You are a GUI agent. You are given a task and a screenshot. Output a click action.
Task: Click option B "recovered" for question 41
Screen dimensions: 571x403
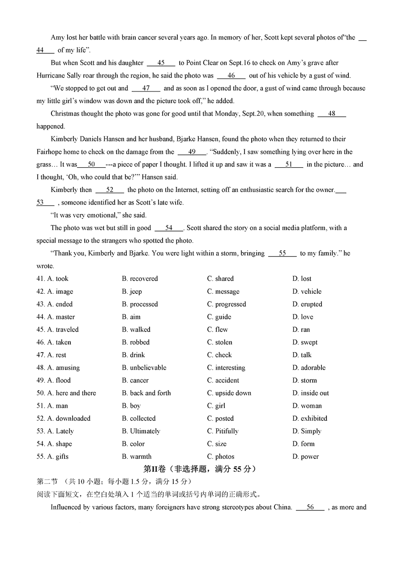pyautogui.click(x=140, y=279)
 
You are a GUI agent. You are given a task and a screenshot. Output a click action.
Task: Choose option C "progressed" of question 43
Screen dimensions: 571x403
pyautogui.click(x=226, y=304)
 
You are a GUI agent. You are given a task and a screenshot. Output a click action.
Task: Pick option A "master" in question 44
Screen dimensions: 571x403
pyautogui.click(x=61, y=317)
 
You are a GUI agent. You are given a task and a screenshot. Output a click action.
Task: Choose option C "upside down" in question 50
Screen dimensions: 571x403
pyautogui.click(x=229, y=393)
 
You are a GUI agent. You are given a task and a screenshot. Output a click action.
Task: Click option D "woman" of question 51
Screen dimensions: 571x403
pyautogui.click(x=307, y=405)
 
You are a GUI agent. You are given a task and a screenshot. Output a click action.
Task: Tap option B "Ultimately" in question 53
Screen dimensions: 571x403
pyautogui.click(x=141, y=431)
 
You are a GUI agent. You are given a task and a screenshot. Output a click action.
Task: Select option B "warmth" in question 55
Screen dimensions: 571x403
pyautogui.click(x=137, y=457)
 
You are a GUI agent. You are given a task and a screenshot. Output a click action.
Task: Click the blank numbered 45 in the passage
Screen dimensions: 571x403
pyautogui.click(x=161, y=63)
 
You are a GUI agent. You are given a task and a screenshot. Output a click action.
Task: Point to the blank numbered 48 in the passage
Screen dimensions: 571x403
pyautogui.click(x=332, y=114)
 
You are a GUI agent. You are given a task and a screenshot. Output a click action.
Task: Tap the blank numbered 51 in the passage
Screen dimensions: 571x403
pyautogui.click(x=289, y=165)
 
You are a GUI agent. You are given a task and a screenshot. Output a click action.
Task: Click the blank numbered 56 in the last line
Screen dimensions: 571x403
pyautogui.click(x=310, y=507)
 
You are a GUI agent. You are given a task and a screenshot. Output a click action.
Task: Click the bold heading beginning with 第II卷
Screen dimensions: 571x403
pyautogui.click(x=200, y=469)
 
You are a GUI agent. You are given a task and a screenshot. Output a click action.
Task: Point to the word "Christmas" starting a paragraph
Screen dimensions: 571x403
pyautogui.click(x=65, y=114)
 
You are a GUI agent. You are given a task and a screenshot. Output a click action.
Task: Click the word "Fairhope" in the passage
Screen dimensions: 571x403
pyautogui.click(x=50, y=152)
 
